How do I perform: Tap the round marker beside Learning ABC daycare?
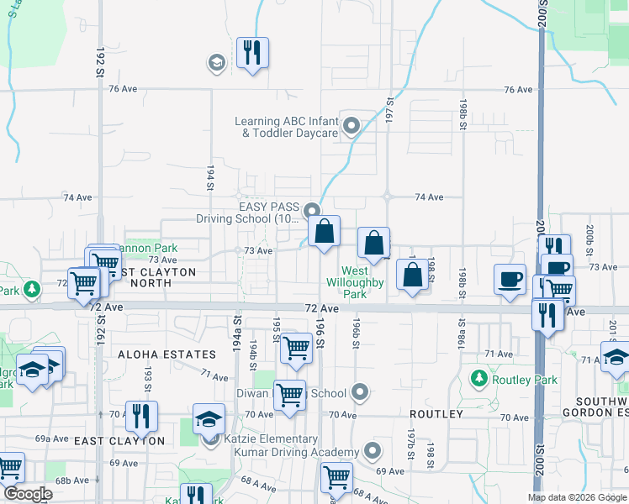tap(351, 127)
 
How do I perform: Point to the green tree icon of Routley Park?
tap(478, 379)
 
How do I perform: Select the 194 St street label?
tap(210, 179)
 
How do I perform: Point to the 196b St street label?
tap(357, 330)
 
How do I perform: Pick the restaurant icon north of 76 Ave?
tap(252, 53)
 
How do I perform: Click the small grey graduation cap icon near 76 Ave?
tap(216, 62)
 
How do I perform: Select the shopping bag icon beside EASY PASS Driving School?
tap(324, 231)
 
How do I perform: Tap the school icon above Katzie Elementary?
tap(209, 419)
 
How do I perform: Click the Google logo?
tap(28, 494)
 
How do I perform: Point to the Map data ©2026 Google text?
tap(576, 497)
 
